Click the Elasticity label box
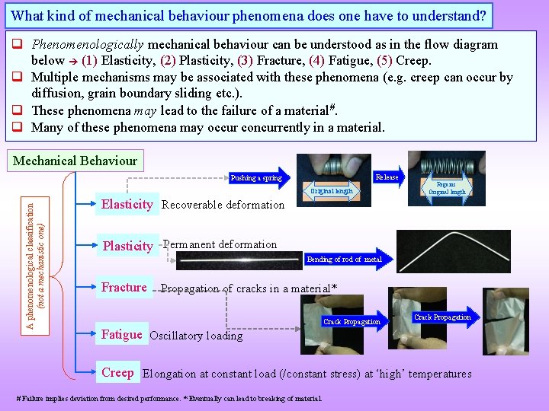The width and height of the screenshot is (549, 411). pos(127,204)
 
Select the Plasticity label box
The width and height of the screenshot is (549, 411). pos(127,246)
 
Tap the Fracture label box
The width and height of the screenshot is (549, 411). pos(124,287)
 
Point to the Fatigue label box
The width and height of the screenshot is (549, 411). pos(121,334)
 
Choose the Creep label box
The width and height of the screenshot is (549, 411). pos(117,373)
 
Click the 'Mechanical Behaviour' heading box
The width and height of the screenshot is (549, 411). pos(75,161)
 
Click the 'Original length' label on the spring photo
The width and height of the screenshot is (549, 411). pos(331,191)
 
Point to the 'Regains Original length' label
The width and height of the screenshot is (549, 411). pos(447,188)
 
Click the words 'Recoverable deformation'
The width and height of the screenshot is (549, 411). pos(223,205)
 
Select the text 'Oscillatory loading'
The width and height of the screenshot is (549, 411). pos(196,336)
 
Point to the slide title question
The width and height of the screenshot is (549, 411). pos(249,14)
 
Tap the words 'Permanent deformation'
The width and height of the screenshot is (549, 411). pos(220,244)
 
